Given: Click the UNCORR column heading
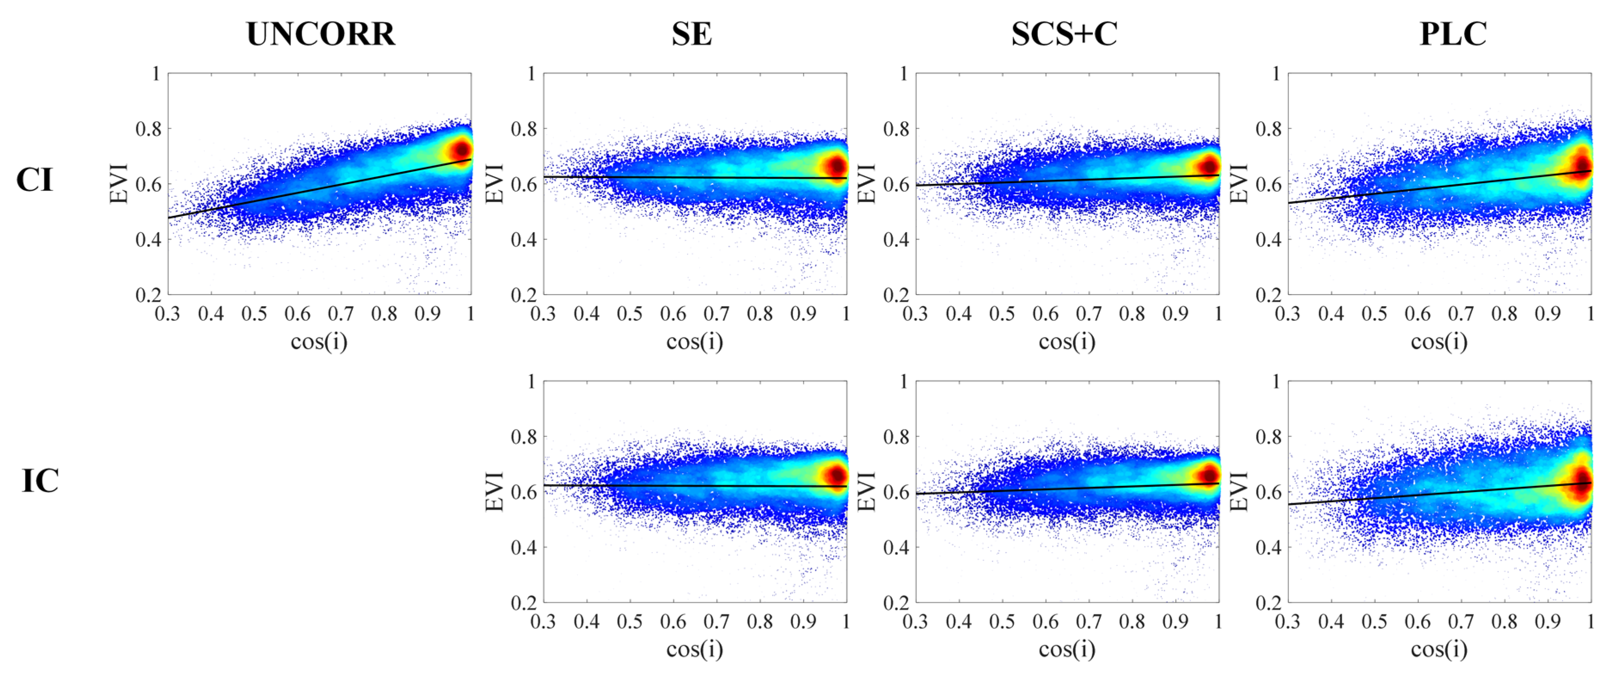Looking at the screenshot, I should [321, 34].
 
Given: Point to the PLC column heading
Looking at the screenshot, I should [1453, 34].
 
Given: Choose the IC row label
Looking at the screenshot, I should [40, 481].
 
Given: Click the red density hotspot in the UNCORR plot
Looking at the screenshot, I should [462, 150].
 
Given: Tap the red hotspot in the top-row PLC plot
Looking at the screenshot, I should [1581, 167].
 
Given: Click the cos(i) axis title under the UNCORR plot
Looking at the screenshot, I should [319, 342].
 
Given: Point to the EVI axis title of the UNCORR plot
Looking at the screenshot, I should [119, 184].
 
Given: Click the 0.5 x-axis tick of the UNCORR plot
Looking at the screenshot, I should [254, 313].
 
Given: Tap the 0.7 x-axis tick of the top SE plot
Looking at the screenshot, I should [716, 313].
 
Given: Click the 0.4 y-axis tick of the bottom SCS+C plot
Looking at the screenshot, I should [896, 548].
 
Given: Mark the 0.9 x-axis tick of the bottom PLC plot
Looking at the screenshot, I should [1547, 622].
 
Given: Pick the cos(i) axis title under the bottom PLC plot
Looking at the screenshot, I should [1439, 650].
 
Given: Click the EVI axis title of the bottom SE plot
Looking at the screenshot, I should [495, 491].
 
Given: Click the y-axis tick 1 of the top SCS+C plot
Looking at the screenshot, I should [903, 74].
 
